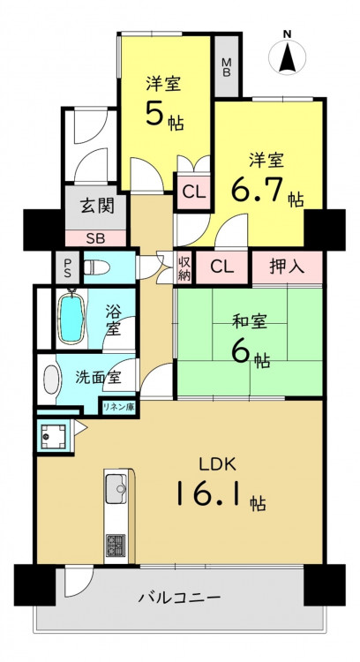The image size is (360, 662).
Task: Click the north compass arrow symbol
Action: tap(287, 56)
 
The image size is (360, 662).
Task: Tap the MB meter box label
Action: tap(227, 67)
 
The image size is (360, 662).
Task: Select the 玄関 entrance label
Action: tap(97, 207)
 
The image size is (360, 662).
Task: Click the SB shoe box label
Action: tap(97, 238)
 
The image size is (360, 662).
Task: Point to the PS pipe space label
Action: tap(68, 267)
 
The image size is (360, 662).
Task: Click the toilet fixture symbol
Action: tap(97, 267)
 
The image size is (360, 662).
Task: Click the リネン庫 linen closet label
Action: tap(118, 407)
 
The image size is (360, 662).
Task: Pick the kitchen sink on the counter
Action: tap(116, 489)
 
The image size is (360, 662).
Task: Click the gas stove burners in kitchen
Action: tap(116, 545)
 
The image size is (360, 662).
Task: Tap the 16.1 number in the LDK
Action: tap(208, 493)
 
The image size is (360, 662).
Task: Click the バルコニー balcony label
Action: tap(180, 598)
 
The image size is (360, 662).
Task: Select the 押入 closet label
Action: tap(287, 267)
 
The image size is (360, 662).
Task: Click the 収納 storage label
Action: tap(185, 268)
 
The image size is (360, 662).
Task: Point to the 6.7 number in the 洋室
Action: tap(261, 190)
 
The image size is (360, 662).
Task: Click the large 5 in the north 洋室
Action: tap(154, 113)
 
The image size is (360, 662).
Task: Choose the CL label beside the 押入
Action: tap(222, 267)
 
